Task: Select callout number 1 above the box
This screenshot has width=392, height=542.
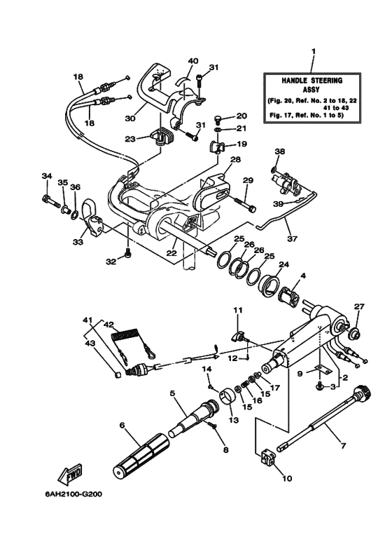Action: coord(313,51)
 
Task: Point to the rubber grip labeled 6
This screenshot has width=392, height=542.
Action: coord(141,455)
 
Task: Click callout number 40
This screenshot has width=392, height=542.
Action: coord(174,61)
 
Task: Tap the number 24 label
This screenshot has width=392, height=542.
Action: coord(283,265)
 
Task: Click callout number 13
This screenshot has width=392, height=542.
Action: coord(233,420)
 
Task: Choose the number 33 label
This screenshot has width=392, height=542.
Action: coord(76,242)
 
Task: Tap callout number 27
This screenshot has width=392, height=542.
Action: coord(359,306)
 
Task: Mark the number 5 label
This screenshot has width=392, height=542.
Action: coord(171,393)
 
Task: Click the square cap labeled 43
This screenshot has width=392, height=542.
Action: coord(118,374)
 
